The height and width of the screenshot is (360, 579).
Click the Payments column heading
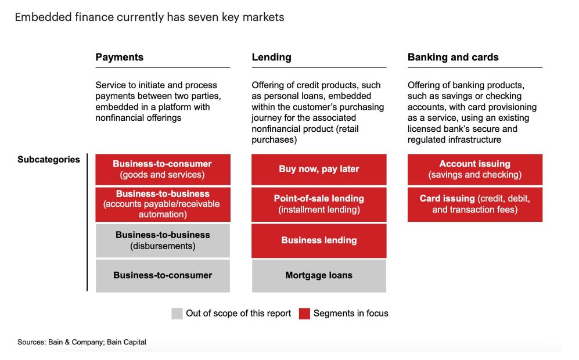(119, 57)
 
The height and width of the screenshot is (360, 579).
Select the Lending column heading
(271, 57)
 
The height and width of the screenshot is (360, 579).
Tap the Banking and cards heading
(453, 57)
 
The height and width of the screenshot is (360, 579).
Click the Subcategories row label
(49, 160)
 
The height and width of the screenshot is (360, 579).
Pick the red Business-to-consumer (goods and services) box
(163, 170)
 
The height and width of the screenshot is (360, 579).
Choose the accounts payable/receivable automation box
(163, 204)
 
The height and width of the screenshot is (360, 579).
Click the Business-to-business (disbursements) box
(163, 240)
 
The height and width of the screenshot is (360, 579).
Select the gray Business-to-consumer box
(163, 276)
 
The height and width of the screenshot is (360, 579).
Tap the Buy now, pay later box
(319, 170)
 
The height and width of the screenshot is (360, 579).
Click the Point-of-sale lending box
(319, 204)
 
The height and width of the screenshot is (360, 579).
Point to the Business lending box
(319, 240)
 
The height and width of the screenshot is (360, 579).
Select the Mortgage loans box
(319, 276)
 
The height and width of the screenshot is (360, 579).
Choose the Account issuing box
(475, 170)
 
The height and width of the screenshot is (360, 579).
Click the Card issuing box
(475, 204)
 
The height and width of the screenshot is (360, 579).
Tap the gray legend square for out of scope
(177, 314)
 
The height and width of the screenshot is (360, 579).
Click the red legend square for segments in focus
(304, 314)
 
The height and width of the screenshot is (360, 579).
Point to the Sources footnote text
(82, 342)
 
